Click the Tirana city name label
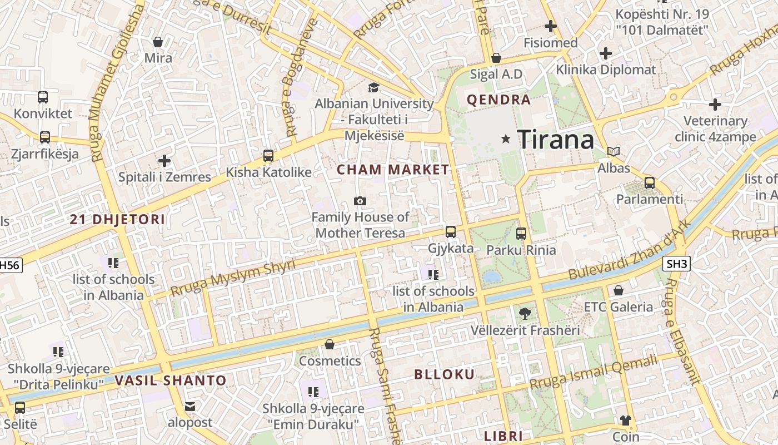pos(555,139)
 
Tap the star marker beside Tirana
pos(506,139)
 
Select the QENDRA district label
pos(499,100)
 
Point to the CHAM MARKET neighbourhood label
pos(393,170)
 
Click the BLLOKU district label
pos(445,374)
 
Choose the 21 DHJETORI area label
pos(118,219)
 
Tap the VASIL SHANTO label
pos(171,381)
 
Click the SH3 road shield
pos(676,264)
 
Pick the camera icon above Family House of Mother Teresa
pos(360,201)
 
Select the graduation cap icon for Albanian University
pos(373,87)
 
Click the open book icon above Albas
pos(614,151)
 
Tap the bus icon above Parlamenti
pos(649,182)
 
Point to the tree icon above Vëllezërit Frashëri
pos(525,314)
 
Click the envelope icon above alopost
pos(190,407)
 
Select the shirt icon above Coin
pos(626,421)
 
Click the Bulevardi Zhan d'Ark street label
pos(629,250)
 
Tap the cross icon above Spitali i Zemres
pos(164,161)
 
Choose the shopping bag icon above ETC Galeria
pos(618,290)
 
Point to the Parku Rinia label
pos(521,250)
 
